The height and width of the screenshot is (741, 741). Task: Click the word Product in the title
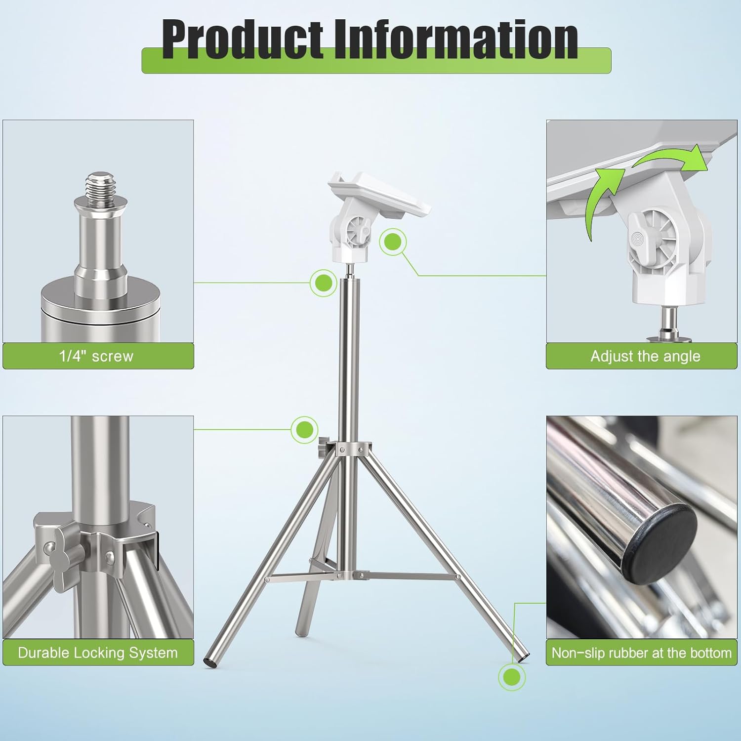click(242, 40)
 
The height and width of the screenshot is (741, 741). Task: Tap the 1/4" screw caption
click(96, 356)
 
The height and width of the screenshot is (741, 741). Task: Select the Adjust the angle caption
click(645, 356)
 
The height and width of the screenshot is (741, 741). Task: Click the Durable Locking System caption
click(98, 653)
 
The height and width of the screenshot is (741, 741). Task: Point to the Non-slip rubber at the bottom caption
click(641, 653)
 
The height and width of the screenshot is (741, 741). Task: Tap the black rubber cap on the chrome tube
click(664, 543)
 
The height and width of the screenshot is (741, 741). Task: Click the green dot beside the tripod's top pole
click(324, 283)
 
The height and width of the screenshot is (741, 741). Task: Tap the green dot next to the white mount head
click(393, 242)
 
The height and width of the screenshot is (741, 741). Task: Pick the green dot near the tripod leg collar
click(304, 429)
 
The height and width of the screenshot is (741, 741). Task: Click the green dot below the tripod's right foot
click(511, 677)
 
